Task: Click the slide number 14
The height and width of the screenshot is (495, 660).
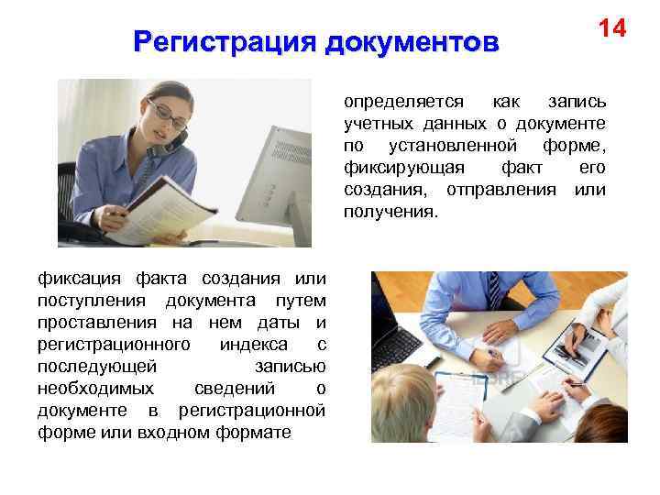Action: tap(612, 28)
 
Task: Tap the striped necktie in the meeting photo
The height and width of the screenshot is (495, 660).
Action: tap(495, 290)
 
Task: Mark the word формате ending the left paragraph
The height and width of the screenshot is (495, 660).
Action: tap(257, 432)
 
